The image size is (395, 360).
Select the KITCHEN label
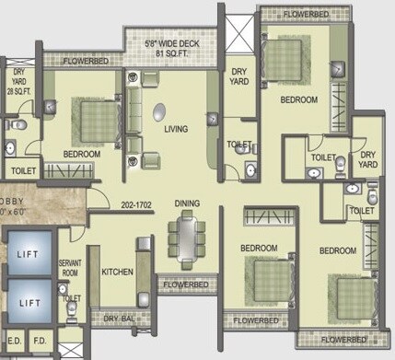tap(118, 273)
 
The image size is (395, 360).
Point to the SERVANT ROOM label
tap(70, 267)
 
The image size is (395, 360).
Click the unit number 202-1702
tap(136, 205)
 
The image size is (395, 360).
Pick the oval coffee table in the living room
tap(162, 112)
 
